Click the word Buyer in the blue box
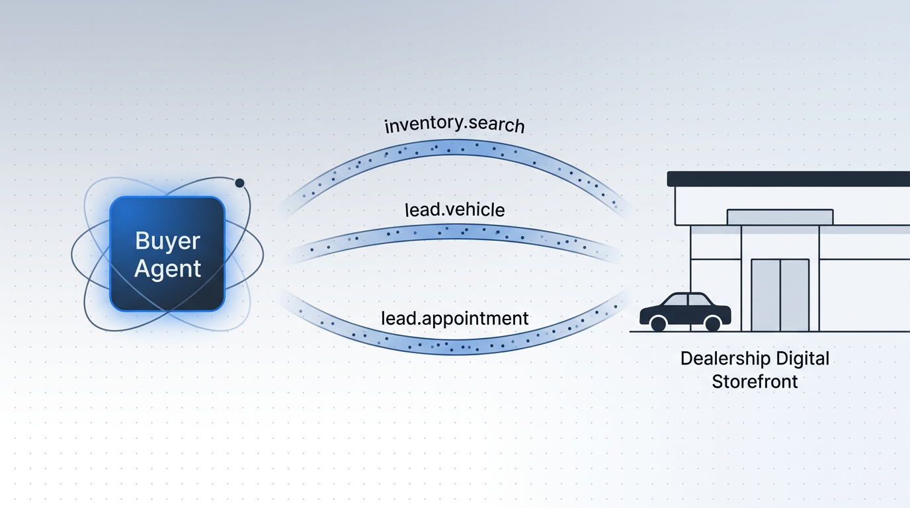point(167,240)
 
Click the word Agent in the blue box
point(167,269)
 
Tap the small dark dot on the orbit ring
point(239,183)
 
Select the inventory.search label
point(454,125)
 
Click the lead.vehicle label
point(454,210)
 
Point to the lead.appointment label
point(454,318)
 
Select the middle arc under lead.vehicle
point(454,231)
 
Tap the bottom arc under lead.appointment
point(454,347)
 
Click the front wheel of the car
point(712,323)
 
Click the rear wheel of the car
point(658,323)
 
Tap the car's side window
point(688,300)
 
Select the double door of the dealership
point(780,294)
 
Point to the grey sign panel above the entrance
point(780,217)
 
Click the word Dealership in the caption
point(725,359)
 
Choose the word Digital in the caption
point(803,359)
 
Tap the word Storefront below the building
point(755,382)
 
